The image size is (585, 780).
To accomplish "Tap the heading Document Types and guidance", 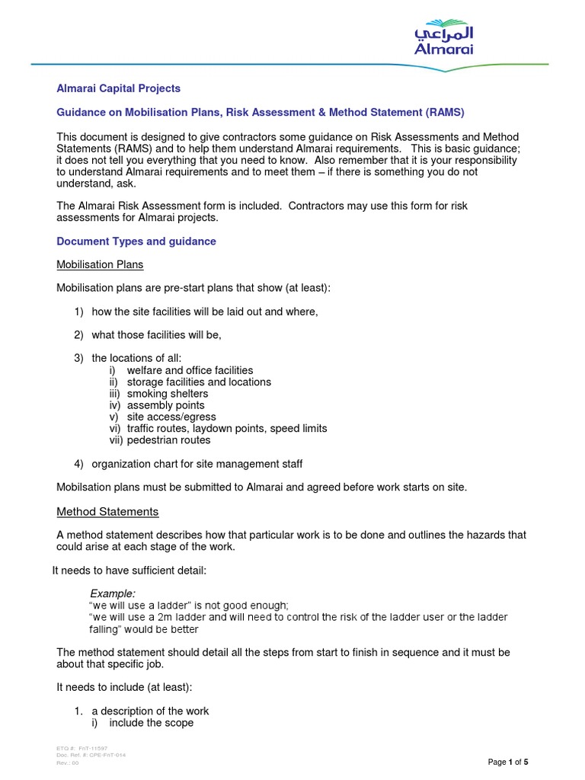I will click(136, 241).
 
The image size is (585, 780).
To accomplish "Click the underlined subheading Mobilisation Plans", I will click(101, 264).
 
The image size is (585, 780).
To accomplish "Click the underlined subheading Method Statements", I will click(108, 512).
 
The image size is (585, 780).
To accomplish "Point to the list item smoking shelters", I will click(167, 394).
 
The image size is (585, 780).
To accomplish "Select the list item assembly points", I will click(165, 405).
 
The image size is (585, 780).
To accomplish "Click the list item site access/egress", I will click(171, 417).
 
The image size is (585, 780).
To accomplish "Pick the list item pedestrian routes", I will click(168, 440).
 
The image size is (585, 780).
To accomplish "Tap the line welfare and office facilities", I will click(190, 370).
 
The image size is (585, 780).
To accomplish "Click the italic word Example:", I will click(113, 593).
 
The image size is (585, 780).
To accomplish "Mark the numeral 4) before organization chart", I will click(79, 464).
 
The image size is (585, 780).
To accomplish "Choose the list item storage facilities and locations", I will click(199, 382).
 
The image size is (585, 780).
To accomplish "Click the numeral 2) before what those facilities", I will click(79, 335).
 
